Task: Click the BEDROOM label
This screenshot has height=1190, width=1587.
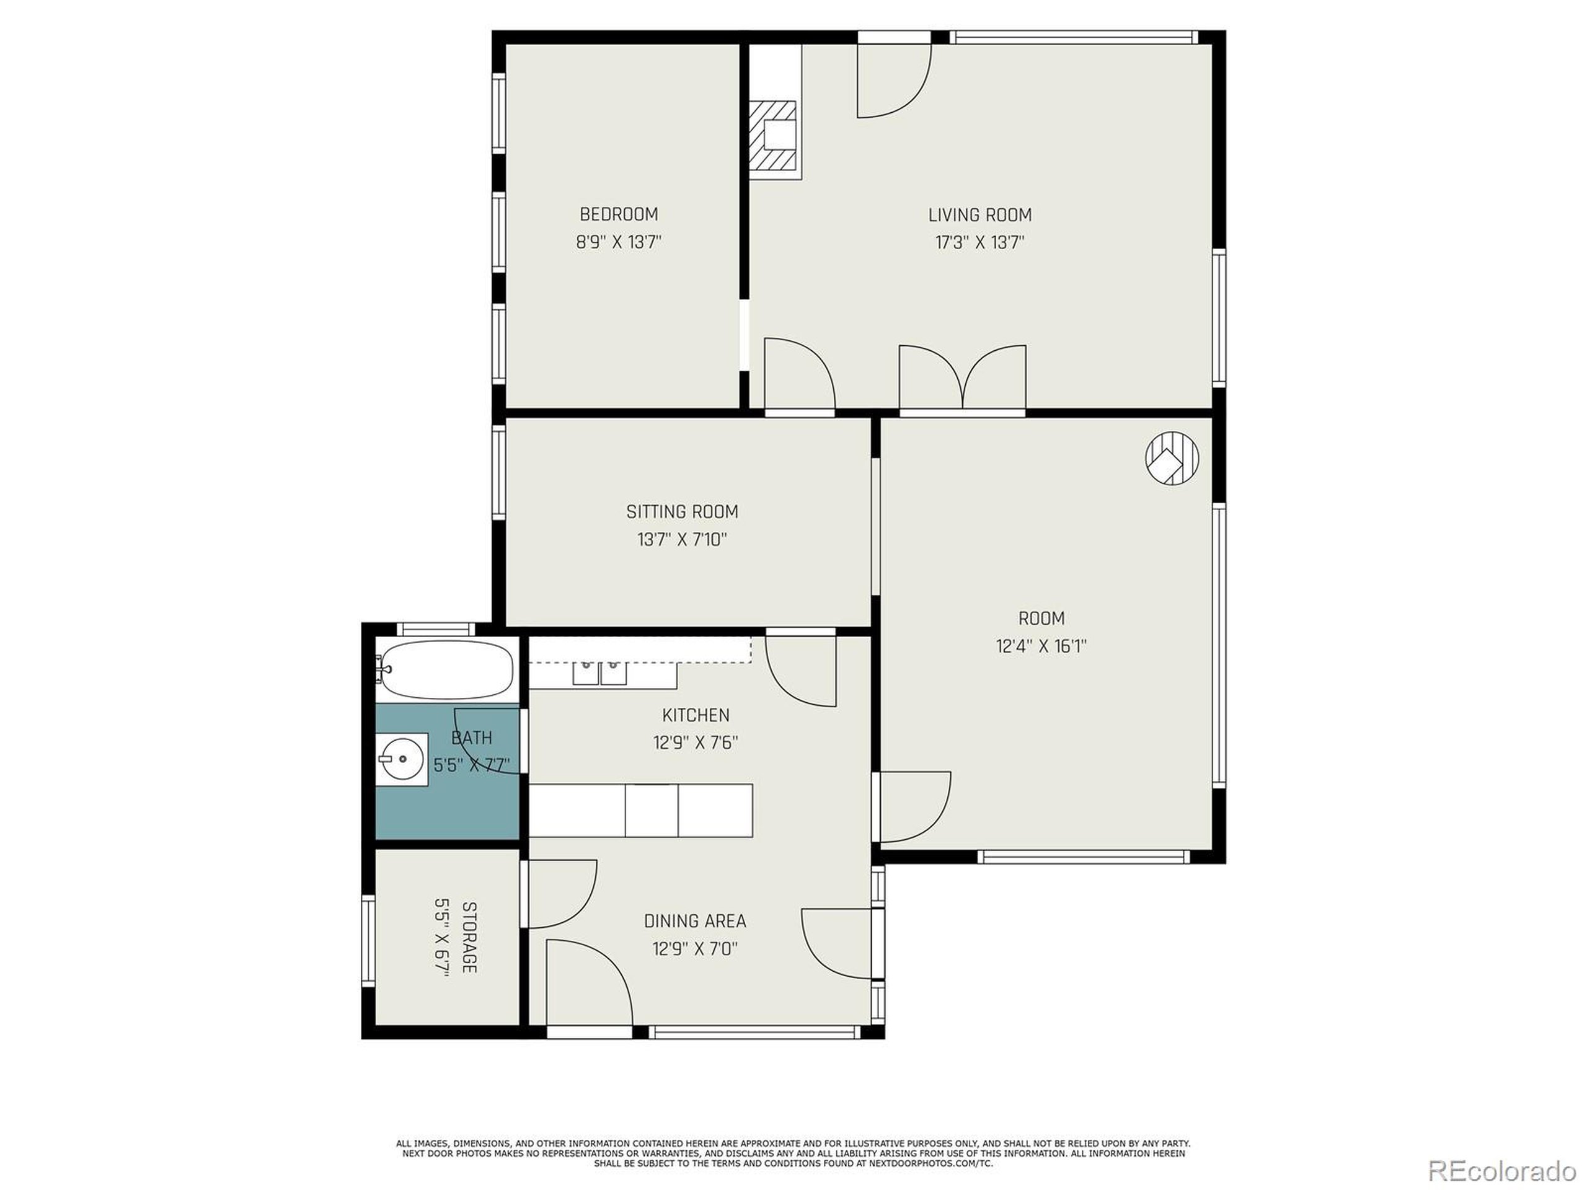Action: click(619, 214)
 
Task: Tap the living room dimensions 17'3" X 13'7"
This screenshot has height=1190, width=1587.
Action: click(979, 242)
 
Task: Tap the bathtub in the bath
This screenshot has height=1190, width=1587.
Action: click(446, 669)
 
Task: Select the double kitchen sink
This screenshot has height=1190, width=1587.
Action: click(599, 673)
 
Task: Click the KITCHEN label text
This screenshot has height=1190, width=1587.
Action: click(695, 715)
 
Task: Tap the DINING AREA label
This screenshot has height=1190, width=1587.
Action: click(694, 921)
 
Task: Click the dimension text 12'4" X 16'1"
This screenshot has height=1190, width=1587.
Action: click(1041, 646)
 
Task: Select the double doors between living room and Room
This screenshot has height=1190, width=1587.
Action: click(962, 380)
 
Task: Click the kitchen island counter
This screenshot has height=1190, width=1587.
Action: click(640, 811)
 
